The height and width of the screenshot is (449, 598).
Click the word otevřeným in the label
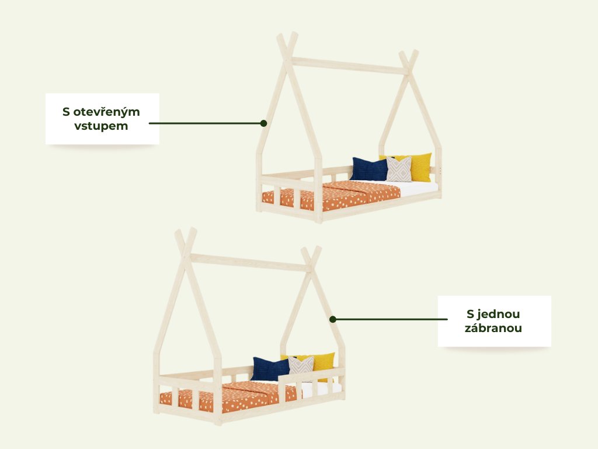coord(109,112)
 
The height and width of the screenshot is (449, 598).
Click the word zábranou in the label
coord(493,328)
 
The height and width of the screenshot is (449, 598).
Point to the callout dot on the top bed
coord(263,123)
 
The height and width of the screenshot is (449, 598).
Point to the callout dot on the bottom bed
coord(332,319)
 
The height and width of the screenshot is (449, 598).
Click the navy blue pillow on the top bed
coord(370,170)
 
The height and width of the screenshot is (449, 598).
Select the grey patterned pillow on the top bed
coord(399,170)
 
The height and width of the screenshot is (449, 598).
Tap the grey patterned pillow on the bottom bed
coord(301,366)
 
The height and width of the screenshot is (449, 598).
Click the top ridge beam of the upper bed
coord(349,65)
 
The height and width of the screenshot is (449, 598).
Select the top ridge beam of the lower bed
coord(250,263)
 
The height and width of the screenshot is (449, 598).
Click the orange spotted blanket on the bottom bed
coord(239,398)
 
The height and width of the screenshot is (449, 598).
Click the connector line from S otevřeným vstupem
coord(204,123)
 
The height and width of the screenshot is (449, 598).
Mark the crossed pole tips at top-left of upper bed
coord(287,44)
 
